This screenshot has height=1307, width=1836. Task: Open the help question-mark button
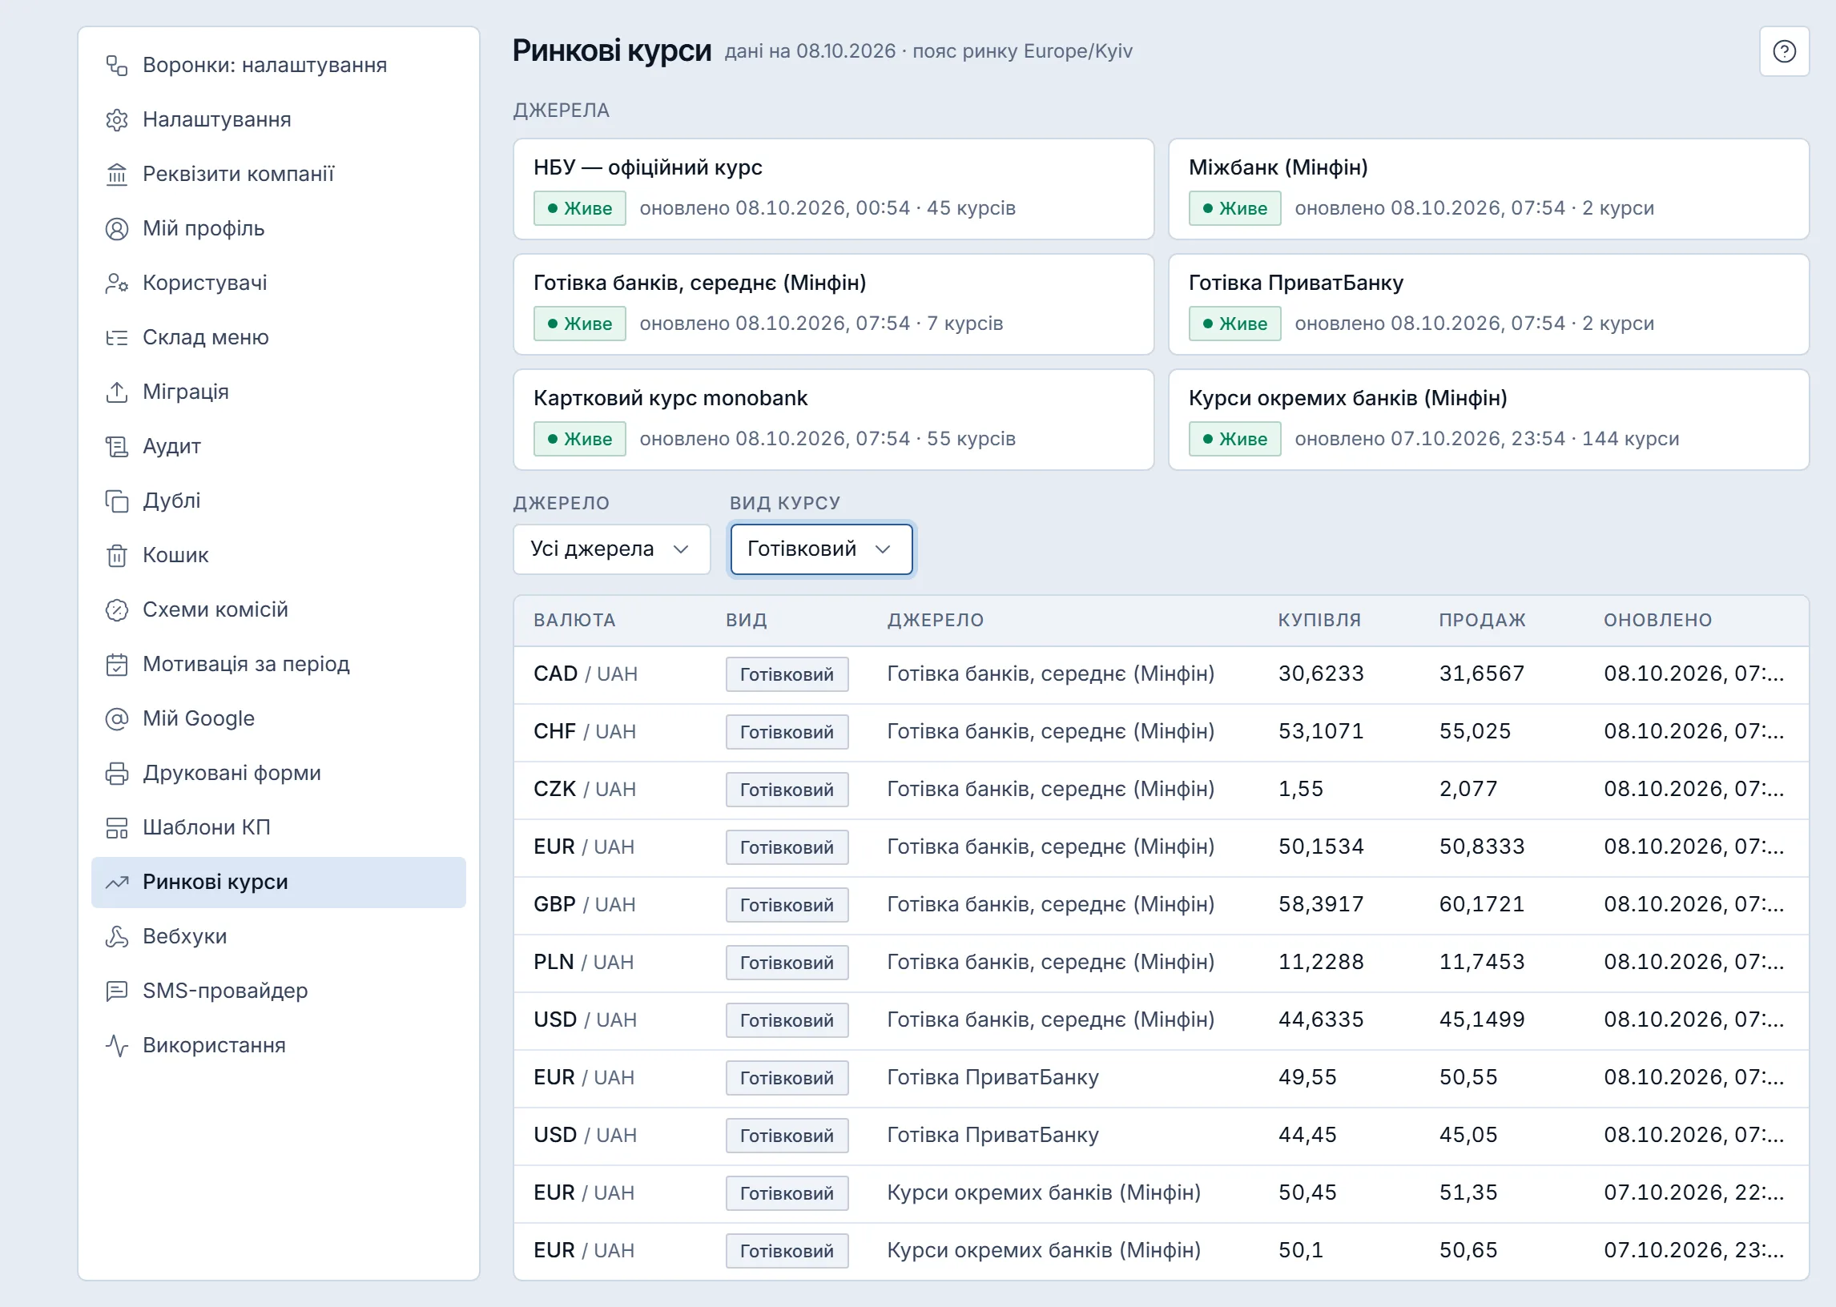tap(1784, 51)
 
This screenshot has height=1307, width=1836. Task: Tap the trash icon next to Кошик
tap(117, 555)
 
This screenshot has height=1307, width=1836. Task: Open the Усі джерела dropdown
tap(612, 549)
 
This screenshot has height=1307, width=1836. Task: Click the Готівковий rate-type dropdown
tap(821, 549)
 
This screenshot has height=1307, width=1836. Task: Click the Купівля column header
tap(1319, 620)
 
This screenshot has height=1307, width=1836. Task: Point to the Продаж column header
tap(1482, 620)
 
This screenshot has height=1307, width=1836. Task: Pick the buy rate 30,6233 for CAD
tap(1321, 674)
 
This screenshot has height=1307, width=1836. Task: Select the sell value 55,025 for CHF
tap(1475, 731)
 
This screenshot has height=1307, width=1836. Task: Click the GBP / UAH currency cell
tap(585, 905)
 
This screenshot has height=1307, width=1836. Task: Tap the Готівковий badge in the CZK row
tap(787, 790)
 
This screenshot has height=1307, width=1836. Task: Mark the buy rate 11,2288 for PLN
tap(1321, 962)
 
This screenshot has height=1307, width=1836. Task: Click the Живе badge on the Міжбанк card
tap(1234, 208)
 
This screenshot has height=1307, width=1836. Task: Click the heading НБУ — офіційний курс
tap(648, 167)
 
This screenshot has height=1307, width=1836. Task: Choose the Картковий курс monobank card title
tap(670, 398)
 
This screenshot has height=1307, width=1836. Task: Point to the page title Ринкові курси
tap(612, 50)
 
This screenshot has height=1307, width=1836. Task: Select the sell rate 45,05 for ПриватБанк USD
tap(1468, 1135)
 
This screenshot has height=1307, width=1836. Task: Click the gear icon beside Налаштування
tap(117, 120)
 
